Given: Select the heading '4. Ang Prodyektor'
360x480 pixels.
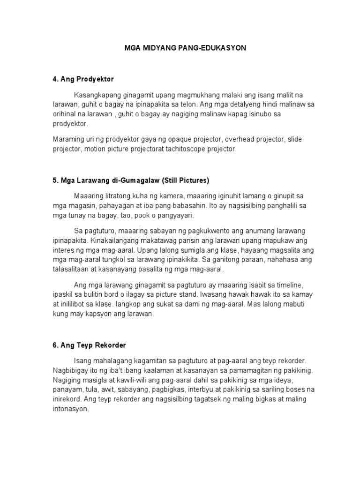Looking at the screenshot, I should coord(83,79).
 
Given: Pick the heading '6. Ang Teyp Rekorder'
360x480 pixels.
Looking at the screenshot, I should coord(89,345).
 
